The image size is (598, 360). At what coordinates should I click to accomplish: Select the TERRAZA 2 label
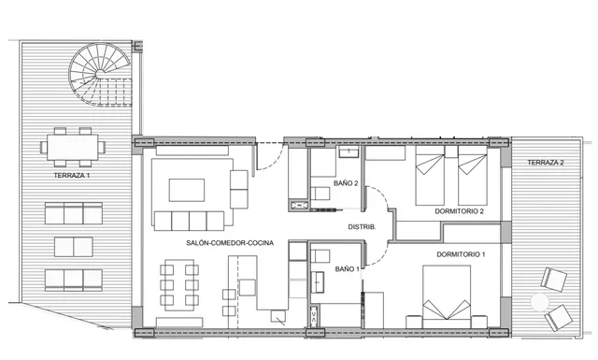(x=546, y=163)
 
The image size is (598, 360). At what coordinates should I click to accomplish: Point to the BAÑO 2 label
(x=347, y=183)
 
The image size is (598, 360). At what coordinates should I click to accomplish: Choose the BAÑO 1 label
(x=347, y=269)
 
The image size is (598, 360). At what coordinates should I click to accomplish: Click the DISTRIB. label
(x=362, y=227)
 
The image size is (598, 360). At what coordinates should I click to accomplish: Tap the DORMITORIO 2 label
(x=459, y=212)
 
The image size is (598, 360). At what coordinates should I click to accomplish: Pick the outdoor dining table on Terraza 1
(x=73, y=146)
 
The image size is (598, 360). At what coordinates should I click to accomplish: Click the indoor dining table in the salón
(x=179, y=285)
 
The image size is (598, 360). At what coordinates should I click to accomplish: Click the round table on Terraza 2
(x=539, y=303)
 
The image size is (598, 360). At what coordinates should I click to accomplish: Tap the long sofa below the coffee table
(x=190, y=221)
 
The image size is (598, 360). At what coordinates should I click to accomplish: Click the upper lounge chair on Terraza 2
(x=555, y=280)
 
